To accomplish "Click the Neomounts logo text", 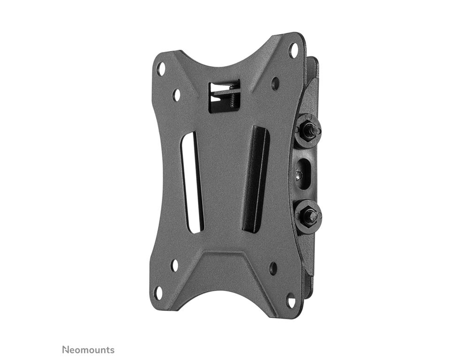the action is [x=88, y=350].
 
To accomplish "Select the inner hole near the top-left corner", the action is [x=176, y=94].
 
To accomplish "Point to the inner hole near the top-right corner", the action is [x=275, y=83].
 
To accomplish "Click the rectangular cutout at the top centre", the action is [x=223, y=96].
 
